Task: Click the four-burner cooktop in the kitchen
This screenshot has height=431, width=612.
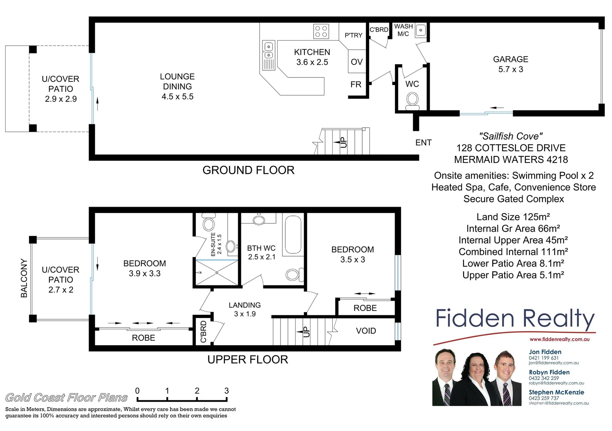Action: (x=321, y=31)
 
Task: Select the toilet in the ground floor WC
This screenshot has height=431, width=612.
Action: (x=412, y=101)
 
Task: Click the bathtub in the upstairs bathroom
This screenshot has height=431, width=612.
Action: (x=293, y=235)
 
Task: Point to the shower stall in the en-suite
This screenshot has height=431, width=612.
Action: (x=217, y=273)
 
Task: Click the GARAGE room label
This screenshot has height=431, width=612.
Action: (x=510, y=59)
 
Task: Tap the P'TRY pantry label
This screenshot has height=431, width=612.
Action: (x=353, y=36)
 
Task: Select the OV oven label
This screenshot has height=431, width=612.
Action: (x=357, y=62)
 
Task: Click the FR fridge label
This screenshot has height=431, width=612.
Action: (x=356, y=85)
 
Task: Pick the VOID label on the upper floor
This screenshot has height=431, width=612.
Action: (x=366, y=331)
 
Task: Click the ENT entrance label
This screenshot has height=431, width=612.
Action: (x=423, y=142)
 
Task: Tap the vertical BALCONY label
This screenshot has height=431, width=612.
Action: (x=24, y=278)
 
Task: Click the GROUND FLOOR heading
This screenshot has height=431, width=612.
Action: (x=248, y=170)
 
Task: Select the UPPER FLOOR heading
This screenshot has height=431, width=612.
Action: (x=247, y=360)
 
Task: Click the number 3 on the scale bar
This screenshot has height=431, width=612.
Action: (x=227, y=391)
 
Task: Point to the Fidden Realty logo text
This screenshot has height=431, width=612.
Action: (x=515, y=319)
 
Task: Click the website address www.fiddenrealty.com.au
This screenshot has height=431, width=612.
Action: (x=559, y=340)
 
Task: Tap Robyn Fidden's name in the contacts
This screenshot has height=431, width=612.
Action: (x=549, y=372)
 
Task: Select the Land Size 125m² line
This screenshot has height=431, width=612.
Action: (x=513, y=217)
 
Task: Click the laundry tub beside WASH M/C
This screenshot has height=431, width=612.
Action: (x=421, y=30)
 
